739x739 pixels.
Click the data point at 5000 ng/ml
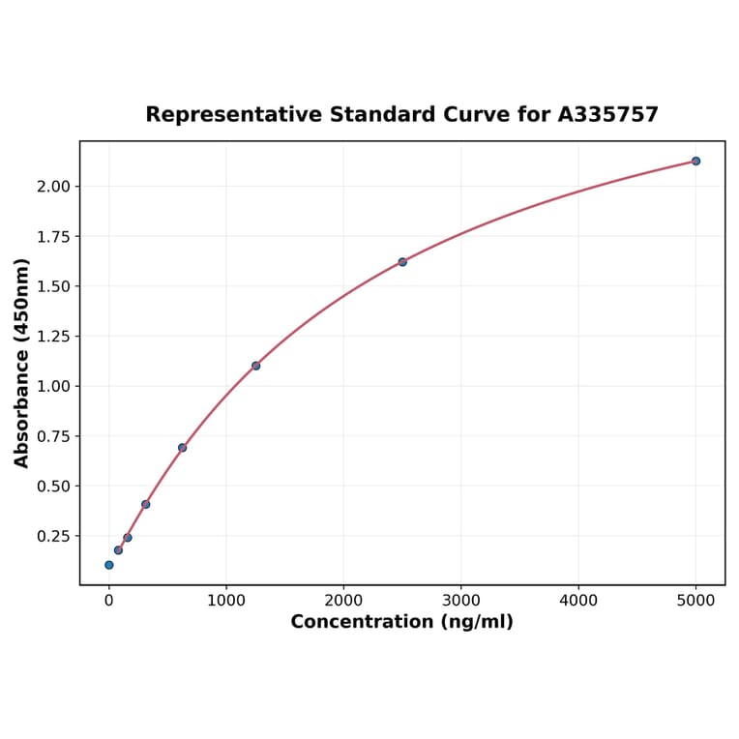(x=695, y=161)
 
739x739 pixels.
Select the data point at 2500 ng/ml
(x=402, y=262)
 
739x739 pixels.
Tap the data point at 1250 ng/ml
(x=255, y=366)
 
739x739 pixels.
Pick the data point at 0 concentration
(x=109, y=565)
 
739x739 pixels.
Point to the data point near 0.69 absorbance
(x=182, y=448)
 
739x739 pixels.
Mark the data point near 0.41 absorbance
(x=145, y=504)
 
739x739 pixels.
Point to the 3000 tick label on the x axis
(x=461, y=601)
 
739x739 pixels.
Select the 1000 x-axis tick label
(x=226, y=601)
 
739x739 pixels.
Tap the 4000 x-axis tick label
(x=578, y=601)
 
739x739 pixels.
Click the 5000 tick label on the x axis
(x=695, y=601)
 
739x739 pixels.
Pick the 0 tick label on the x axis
(x=109, y=601)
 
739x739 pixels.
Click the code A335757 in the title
(x=607, y=115)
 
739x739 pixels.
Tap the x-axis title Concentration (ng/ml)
(x=401, y=622)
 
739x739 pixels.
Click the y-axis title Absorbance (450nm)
(x=22, y=363)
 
